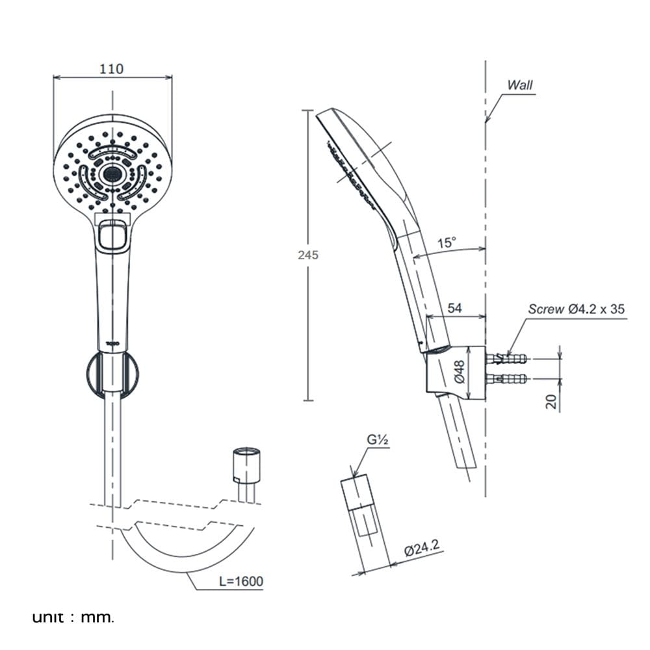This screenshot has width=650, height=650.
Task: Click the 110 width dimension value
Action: (x=112, y=68)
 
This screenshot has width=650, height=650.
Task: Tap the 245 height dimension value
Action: (x=308, y=255)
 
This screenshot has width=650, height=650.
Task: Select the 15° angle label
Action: (x=447, y=242)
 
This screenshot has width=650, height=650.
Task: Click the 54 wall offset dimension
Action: (x=455, y=308)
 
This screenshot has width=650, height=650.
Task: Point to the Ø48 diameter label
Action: (x=460, y=371)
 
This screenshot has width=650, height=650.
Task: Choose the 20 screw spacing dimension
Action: (x=551, y=401)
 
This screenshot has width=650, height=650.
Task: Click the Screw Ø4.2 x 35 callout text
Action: (x=576, y=309)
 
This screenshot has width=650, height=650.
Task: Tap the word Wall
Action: (x=520, y=85)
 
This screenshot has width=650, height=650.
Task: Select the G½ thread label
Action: (x=377, y=440)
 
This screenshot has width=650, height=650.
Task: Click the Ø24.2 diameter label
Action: (x=422, y=548)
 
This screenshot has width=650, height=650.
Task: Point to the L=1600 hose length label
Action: (x=241, y=581)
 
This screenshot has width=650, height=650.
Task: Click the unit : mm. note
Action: (x=73, y=617)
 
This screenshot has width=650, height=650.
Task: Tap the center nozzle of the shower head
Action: (x=112, y=173)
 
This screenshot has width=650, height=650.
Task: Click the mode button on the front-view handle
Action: (x=112, y=235)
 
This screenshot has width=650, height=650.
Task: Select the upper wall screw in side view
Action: (x=506, y=357)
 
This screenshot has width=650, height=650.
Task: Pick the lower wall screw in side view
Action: (x=506, y=378)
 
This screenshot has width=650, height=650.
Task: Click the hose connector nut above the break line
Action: (x=246, y=465)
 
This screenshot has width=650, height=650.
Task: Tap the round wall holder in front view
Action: (x=112, y=372)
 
